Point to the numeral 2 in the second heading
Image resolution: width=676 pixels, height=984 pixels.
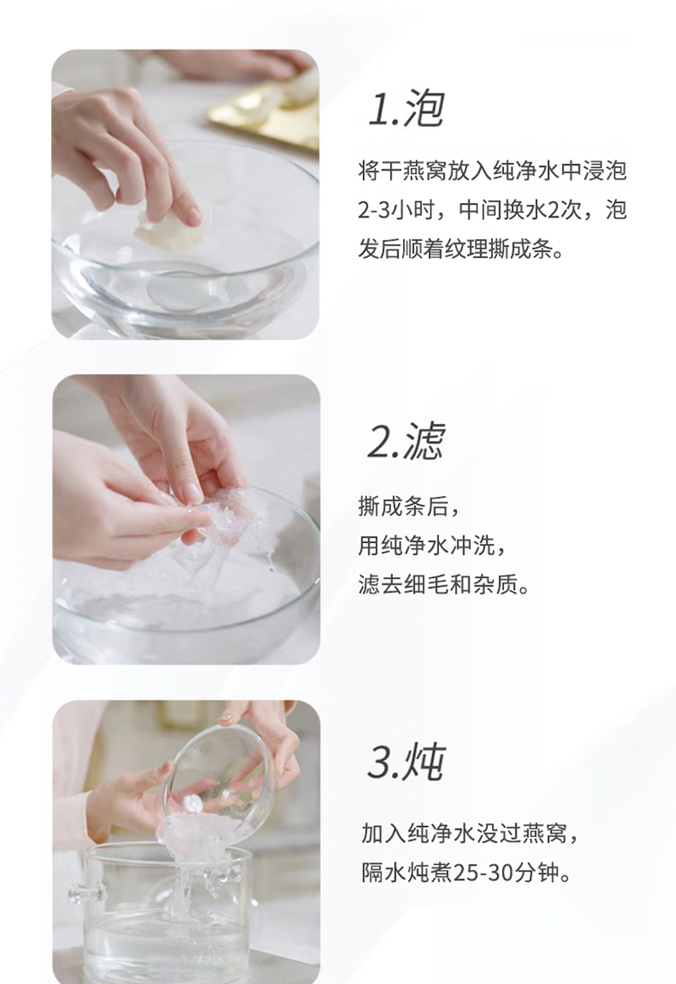pyautogui.click(x=379, y=442)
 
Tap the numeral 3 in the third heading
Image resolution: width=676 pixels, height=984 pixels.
pyautogui.click(x=379, y=762)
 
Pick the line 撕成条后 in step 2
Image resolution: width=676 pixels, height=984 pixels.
pyautogui.click(x=402, y=507)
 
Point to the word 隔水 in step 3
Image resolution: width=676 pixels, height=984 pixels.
pyautogui.click(x=383, y=872)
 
